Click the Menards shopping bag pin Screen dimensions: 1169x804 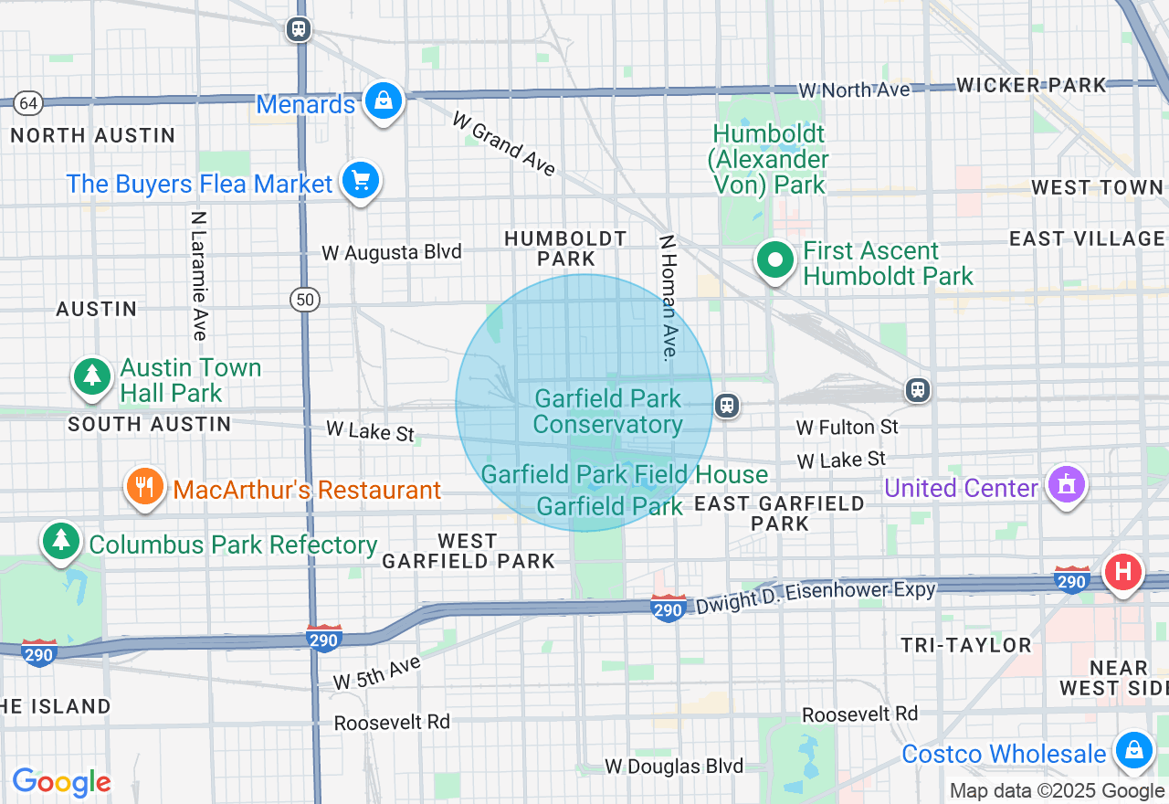[x=384, y=100]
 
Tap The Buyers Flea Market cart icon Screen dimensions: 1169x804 [x=360, y=181]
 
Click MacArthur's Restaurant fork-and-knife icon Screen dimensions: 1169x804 [x=144, y=487]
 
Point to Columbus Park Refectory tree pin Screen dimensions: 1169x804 [x=61, y=541]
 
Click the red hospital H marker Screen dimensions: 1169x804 [x=1123, y=573]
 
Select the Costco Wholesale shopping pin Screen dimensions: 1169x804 [x=1133, y=751]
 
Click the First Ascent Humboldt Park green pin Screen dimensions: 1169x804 [x=775, y=260]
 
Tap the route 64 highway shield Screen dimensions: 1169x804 [x=28, y=102]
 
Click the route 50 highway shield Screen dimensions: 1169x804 [x=306, y=299]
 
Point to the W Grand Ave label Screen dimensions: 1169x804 [x=503, y=144]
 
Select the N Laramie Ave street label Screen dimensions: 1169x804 [x=198, y=275]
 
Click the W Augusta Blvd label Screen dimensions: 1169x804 [x=392, y=252]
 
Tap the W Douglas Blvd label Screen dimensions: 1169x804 [x=675, y=766]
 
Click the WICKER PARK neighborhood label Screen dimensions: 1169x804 [x=1031, y=85]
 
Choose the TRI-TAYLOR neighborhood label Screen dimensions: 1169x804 [x=966, y=645]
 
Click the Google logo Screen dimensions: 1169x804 [x=61, y=782]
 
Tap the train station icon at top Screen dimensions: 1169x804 [x=299, y=29]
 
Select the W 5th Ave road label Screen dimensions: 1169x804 [x=376, y=672]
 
